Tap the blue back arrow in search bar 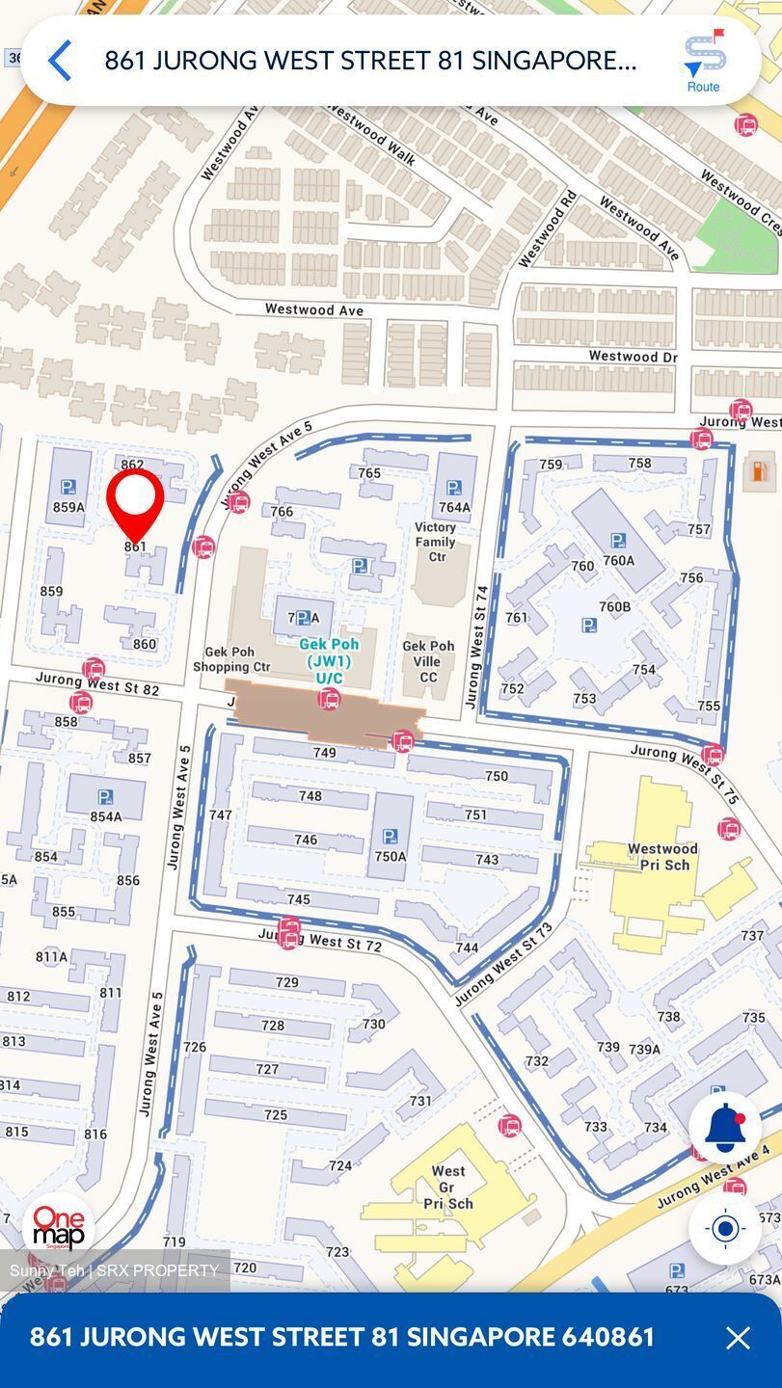click(x=60, y=61)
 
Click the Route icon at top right click(x=704, y=60)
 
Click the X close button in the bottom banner click(x=738, y=1337)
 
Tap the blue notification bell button click(x=725, y=1128)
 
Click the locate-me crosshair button click(x=725, y=1228)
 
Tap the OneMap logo click(x=59, y=1228)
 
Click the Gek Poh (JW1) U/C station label click(x=329, y=661)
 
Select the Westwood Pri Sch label click(x=662, y=856)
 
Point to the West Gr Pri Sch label click(x=447, y=1187)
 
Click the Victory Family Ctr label click(x=436, y=542)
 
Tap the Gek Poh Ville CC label click(x=428, y=661)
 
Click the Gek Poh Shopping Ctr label click(x=232, y=659)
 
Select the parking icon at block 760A click(x=617, y=541)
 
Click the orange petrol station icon click(x=760, y=471)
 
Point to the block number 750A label click(x=391, y=856)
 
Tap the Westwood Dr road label click(x=633, y=357)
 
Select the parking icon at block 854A click(x=105, y=797)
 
